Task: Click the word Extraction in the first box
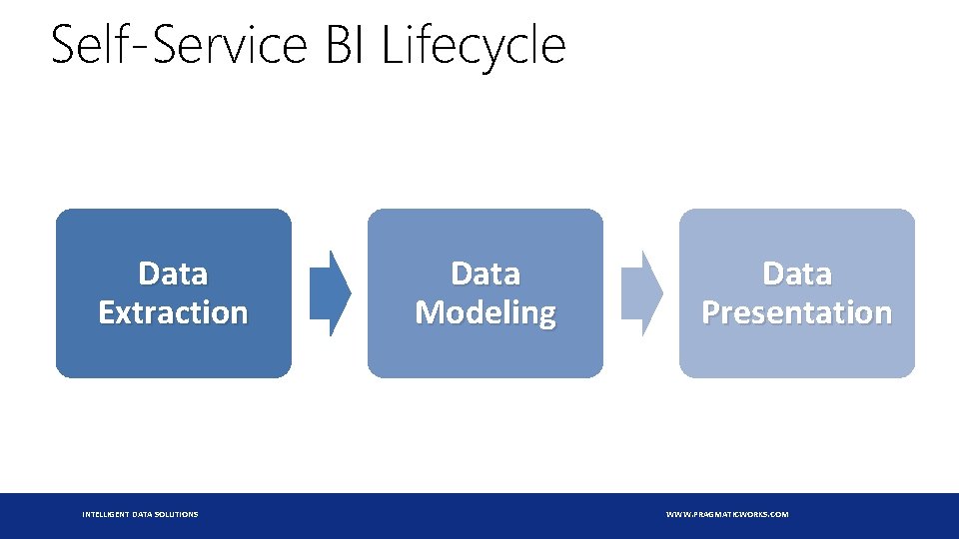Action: click(x=173, y=312)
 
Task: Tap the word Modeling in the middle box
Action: click(x=485, y=313)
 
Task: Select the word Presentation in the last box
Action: click(x=797, y=312)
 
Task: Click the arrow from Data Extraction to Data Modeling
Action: click(x=331, y=293)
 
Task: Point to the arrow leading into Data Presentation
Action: click(x=642, y=293)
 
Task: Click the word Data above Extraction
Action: click(x=173, y=273)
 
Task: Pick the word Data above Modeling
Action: click(x=485, y=273)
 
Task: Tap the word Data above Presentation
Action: click(x=797, y=273)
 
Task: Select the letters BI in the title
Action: click(x=346, y=44)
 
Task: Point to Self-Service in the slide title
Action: click(x=179, y=43)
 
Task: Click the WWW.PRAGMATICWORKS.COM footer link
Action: click(x=727, y=515)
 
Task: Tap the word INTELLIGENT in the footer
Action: click(x=105, y=515)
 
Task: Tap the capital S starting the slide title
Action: click(x=62, y=44)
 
